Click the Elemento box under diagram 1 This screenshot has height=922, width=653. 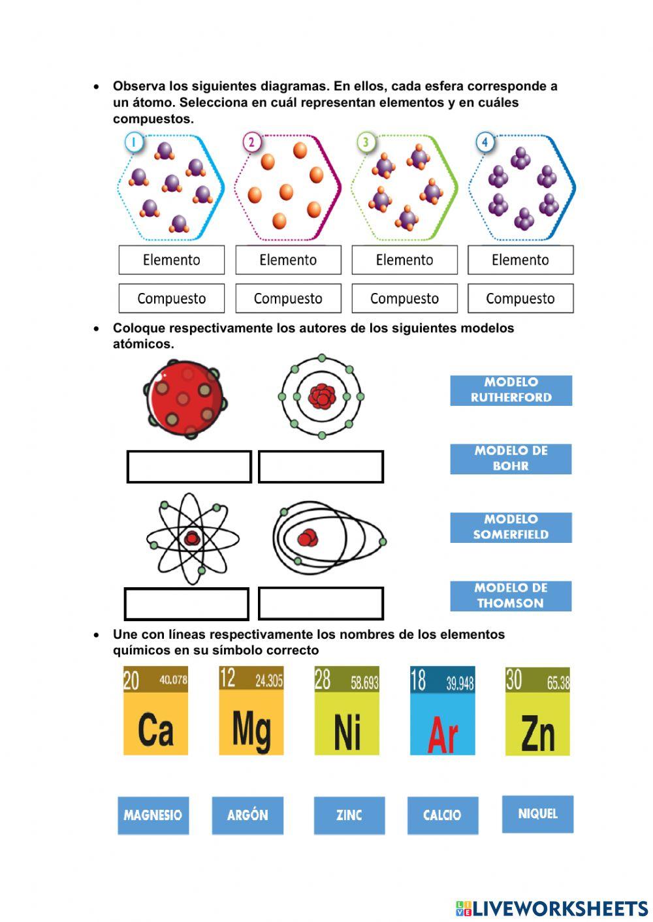click(171, 260)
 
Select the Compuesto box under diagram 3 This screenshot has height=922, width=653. click(404, 298)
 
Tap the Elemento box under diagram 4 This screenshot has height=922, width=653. click(520, 260)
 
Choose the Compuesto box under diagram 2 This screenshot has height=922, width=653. click(288, 298)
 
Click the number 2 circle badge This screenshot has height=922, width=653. click(251, 142)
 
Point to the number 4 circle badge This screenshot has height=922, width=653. click(485, 142)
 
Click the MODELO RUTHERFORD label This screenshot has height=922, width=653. click(511, 390)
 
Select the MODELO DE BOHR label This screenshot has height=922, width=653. click(511, 459)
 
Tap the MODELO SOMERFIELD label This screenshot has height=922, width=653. click(511, 527)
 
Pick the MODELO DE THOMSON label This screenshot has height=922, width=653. click(511, 596)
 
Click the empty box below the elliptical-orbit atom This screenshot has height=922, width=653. click(321, 604)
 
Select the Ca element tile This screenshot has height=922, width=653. click(155, 711)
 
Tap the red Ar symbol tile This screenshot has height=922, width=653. click(442, 711)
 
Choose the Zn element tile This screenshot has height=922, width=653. click(537, 711)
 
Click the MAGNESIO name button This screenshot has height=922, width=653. click(153, 815)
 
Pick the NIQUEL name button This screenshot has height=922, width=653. click(537, 814)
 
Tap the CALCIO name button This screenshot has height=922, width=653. click(442, 815)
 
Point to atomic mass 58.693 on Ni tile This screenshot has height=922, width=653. click(364, 683)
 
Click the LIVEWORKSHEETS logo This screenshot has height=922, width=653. click(552, 908)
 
